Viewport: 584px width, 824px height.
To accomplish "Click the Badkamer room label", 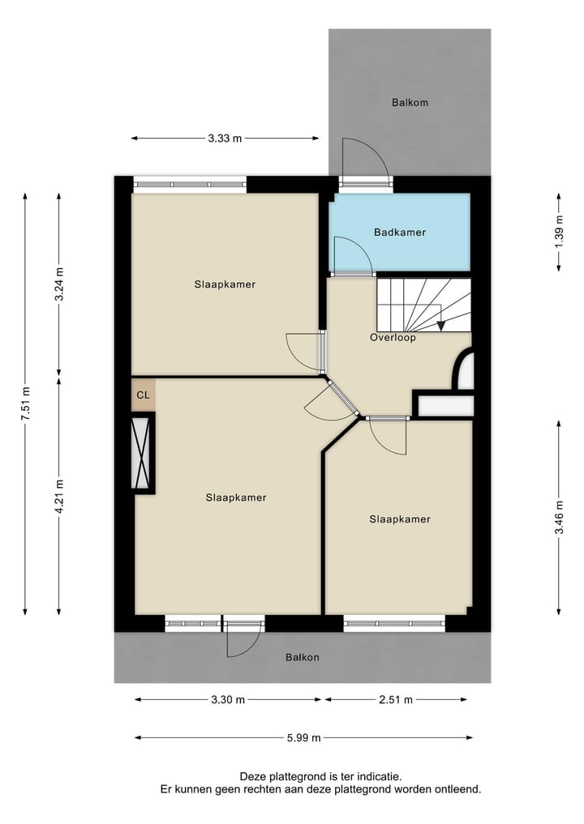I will click(399, 233).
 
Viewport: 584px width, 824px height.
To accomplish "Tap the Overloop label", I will click(393, 338).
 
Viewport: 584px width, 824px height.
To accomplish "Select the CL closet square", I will click(143, 395).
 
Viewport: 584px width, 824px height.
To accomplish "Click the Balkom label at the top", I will click(409, 103).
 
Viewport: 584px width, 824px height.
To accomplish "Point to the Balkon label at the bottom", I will click(302, 657).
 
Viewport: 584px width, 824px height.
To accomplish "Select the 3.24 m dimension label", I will click(58, 284).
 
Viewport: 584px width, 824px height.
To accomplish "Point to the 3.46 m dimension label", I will click(558, 519).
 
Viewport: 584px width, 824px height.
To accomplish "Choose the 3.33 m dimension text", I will click(225, 139).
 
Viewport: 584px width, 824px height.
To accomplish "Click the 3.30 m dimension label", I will click(228, 700).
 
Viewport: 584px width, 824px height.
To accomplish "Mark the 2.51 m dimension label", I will click(397, 700).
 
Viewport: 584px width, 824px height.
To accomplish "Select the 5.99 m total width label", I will click(304, 737).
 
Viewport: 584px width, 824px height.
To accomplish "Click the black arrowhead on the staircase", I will click(440, 326).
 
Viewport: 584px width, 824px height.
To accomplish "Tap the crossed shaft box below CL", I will click(143, 452).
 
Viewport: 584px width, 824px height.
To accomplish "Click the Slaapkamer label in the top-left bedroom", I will click(225, 284).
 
